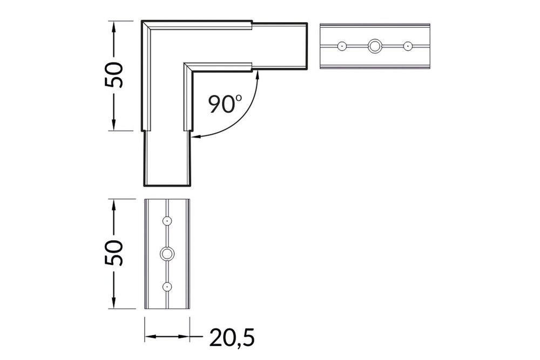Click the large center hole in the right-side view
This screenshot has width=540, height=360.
point(374,46)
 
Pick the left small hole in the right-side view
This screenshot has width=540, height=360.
point(342,46)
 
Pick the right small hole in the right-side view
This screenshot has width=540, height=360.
point(407,46)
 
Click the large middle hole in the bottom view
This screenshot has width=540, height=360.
point(168,254)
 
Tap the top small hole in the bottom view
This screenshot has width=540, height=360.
point(168,221)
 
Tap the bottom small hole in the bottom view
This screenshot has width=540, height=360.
point(168,286)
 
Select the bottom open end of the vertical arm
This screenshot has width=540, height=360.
point(168,186)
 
